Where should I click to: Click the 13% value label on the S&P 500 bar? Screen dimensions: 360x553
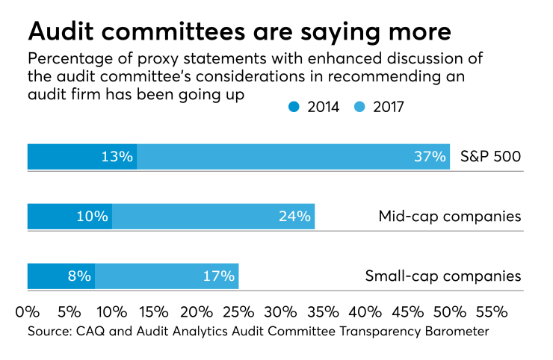pyautogui.click(x=117, y=157)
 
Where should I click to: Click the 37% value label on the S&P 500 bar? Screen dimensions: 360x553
pyautogui.click(x=430, y=157)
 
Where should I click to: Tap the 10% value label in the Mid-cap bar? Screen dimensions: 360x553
pyautogui.click(x=93, y=217)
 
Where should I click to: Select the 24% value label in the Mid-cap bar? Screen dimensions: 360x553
pyautogui.click(x=294, y=217)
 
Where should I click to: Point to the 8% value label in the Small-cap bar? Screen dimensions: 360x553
pyautogui.click(x=79, y=276)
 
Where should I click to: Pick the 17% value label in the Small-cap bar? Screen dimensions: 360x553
pyautogui.click(x=219, y=276)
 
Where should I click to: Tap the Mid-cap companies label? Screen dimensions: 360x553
pyautogui.click(x=450, y=217)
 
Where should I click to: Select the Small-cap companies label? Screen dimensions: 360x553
pyautogui.click(x=443, y=276)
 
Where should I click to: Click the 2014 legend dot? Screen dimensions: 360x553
pyautogui.click(x=292, y=107)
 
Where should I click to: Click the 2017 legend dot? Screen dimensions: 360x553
pyautogui.click(x=357, y=107)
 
